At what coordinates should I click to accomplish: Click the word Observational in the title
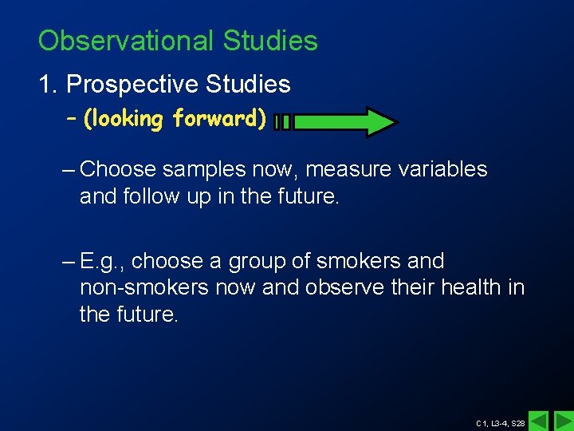click(x=128, y=41)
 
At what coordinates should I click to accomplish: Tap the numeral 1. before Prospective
click(x=49, y=84)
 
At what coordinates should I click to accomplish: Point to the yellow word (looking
click(x=124, y=119)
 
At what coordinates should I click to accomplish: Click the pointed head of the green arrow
click(x=379, y=122)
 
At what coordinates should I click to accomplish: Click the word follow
click(x=148, y=196)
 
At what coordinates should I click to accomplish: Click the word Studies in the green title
click(x=270, y=41)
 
